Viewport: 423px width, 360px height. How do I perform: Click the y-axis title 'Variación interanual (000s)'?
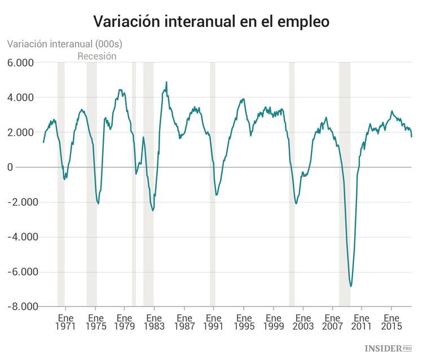pos(64,43)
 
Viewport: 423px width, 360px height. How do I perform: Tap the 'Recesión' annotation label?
pos(96,56)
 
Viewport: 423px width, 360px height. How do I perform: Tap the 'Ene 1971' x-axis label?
pos(65,321)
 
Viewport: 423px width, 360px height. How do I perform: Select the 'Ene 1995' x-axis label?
pos(244,321)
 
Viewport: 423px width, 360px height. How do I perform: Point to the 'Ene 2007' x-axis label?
pos(332,321)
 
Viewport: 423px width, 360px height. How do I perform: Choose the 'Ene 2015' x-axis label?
pos(391,321)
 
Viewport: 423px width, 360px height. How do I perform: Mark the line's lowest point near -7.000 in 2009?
pos(351,286)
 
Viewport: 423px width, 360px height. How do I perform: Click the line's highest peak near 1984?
pos(166,82)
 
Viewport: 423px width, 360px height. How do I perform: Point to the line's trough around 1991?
pos(217,195)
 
